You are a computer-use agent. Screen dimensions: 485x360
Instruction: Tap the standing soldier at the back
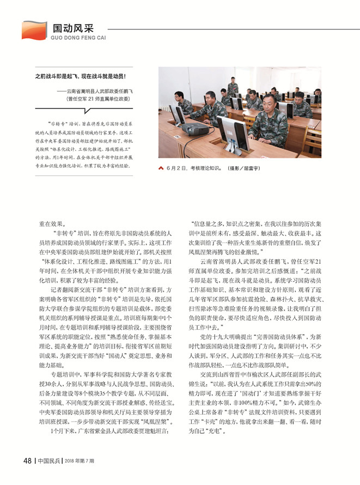(233, 87)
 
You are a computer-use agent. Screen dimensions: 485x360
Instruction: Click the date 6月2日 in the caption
(175, 168)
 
